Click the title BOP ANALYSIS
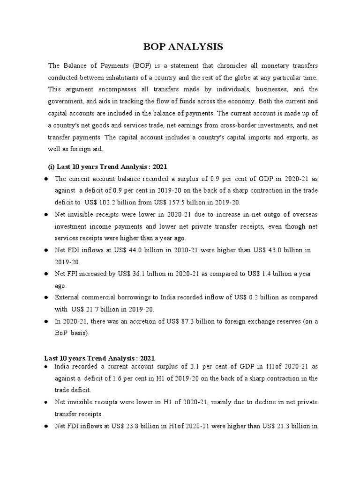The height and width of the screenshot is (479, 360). [180, 47]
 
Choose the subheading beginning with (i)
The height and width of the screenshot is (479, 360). [108, 167]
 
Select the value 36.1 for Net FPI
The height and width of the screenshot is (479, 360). [146, 274]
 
